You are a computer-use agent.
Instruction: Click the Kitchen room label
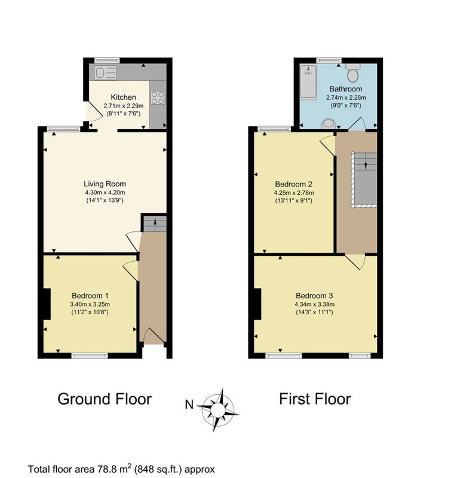pos(123,97)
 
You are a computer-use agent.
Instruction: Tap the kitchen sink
pos(105,73)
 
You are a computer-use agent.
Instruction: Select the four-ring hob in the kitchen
pos(158,97)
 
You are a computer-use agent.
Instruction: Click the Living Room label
pos(105,184)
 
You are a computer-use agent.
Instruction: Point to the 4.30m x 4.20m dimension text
pos(105,192)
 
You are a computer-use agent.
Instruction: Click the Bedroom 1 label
pos(90,295)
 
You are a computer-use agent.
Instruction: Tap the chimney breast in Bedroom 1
pos(47,304)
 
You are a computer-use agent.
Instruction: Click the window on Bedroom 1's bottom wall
pos(90,355)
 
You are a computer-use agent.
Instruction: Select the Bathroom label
pos(346,89)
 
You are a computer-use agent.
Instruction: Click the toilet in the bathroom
pos(353,72)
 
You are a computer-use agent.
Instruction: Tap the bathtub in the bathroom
pos(308,81)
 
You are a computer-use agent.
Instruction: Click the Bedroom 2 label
pos(294,184)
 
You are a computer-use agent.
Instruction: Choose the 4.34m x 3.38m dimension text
pos(314,304)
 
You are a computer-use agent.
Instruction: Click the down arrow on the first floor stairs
pos(366,166)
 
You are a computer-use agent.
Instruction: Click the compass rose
pos(218,410)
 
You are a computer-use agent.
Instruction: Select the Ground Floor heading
pos(105,399)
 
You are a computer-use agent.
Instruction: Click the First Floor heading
pos(315,399)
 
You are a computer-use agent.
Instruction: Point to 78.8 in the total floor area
pos(106,468)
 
